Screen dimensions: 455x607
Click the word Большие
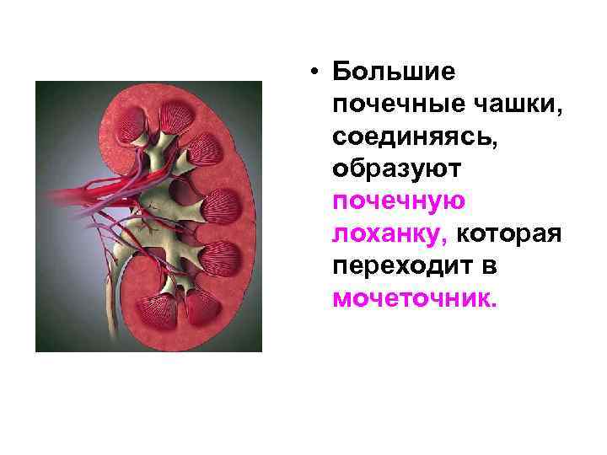point(394,72)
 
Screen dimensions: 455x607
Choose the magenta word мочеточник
point(415,298)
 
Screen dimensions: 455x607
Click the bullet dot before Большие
point(313,72)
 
